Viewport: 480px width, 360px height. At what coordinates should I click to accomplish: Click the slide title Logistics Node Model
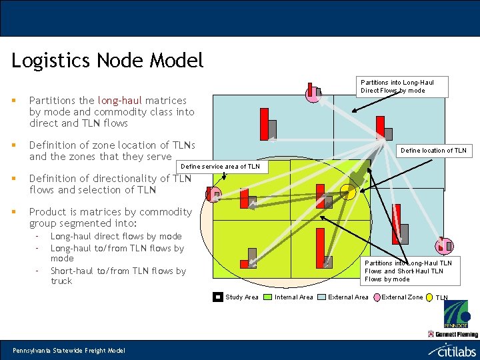click(107, 61)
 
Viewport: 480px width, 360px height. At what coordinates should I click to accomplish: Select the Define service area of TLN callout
click(220, 166)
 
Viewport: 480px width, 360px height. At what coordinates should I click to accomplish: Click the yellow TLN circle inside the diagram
click(348, 192)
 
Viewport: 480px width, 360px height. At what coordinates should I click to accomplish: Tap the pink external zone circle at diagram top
click(312, 95)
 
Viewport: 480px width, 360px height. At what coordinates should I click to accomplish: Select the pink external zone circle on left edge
click(213, 195)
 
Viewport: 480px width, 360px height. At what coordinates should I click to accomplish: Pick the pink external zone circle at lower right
click(443, 247)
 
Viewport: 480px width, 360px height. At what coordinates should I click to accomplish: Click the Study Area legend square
click(218, 297)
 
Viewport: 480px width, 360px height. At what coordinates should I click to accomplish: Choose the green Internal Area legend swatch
click(267, 297)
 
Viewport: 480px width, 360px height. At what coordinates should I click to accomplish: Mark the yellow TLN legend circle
click(430, 297)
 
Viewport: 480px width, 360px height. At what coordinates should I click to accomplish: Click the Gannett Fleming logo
click(453, 333)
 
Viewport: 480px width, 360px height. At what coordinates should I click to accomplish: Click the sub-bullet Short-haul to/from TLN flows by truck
click(118, 276)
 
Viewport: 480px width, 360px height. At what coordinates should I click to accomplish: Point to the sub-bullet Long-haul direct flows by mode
click(116, 236)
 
